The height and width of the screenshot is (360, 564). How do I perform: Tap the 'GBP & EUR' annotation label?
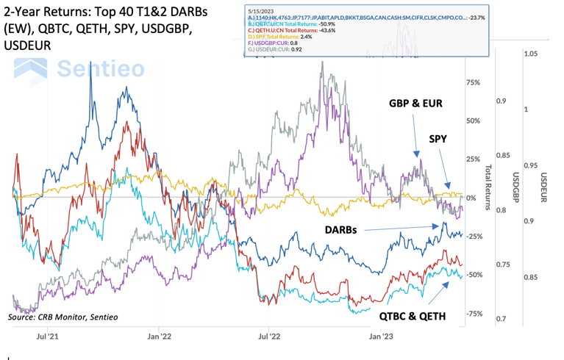(x=415, y=104)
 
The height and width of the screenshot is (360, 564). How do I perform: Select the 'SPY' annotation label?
(x=439, y=138)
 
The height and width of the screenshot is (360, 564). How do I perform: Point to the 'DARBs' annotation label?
(x=342, y=229)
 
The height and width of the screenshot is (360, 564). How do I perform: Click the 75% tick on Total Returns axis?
(x=473, y=83)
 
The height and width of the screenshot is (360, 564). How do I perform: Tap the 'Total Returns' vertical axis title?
(x=487, y=187)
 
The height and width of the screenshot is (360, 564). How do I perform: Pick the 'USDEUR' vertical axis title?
(x=544, y=187)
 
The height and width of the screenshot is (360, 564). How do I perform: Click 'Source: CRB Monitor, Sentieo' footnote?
(x=63, y=317)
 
